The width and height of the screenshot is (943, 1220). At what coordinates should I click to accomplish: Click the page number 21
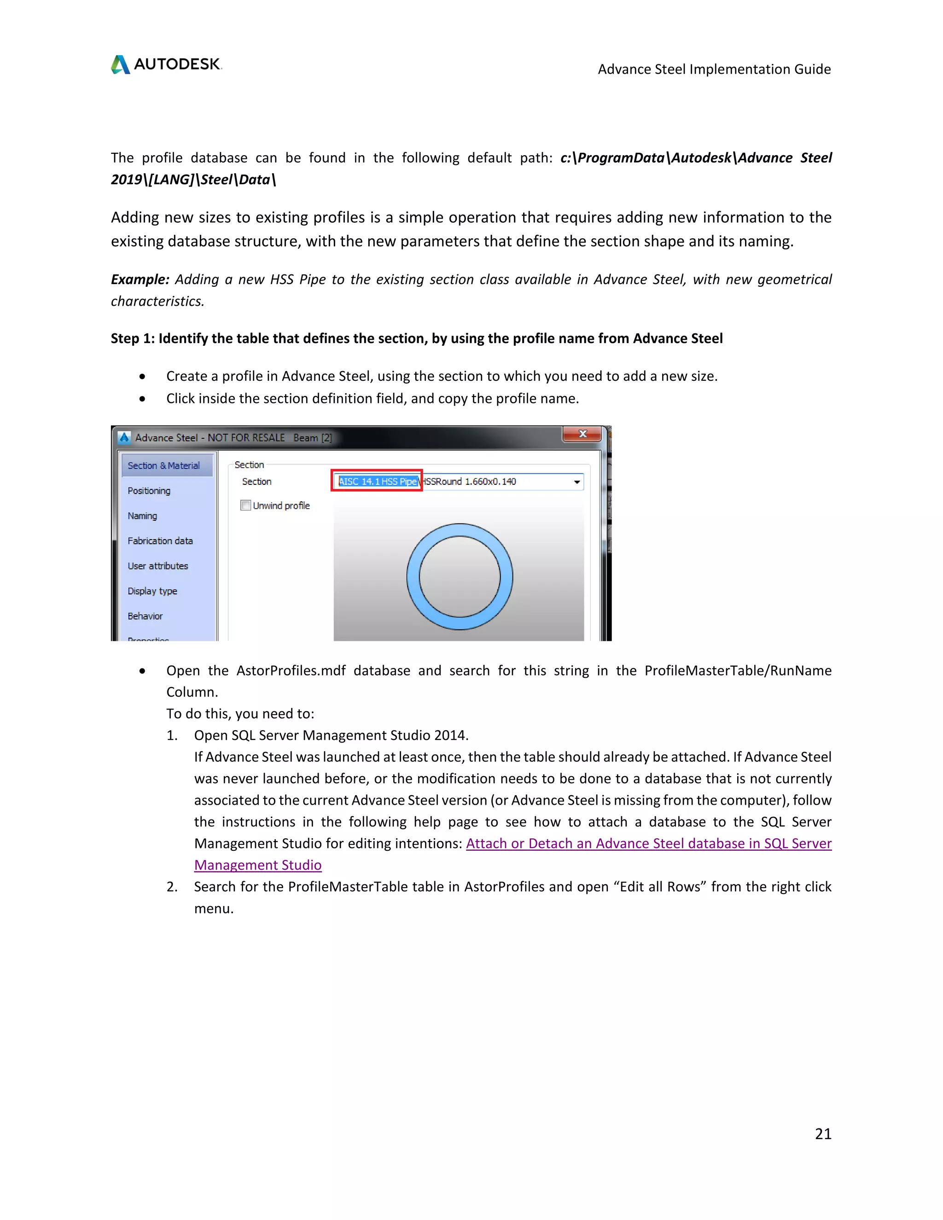[x=822, y=1133]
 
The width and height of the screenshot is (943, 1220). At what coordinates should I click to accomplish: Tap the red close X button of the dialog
[x=582, y=434]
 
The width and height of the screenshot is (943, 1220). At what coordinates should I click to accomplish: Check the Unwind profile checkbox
[x=246, y=505]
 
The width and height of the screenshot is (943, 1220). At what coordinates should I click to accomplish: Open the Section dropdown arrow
[x=576, y=482]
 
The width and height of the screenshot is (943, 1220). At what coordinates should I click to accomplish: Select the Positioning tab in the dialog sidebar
[x=149, y=490]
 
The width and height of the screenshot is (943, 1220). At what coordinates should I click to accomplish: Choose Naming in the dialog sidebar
[x=142, y=516]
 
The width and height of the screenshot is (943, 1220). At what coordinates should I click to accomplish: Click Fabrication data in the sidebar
[x=160, y=541]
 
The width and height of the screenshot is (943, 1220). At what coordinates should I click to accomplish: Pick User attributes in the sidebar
[x=157, y=566]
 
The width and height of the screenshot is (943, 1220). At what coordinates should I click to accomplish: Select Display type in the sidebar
[x=152, y=591]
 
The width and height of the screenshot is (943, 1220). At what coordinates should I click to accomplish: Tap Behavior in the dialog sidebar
[x=145, y=616]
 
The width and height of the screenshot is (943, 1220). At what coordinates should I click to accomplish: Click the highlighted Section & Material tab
[x=163, y=465]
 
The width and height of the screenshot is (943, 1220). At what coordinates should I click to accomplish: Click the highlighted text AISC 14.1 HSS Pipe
[x=378, y=482]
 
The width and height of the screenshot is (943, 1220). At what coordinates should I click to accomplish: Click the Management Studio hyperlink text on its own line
[x=257, y=865]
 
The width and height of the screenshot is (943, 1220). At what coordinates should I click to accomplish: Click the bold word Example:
[x=140, y=279]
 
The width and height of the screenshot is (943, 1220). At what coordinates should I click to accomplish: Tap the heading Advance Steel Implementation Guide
[x=714, y=69]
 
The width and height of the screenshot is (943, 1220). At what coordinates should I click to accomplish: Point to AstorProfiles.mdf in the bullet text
[x=291, y=670]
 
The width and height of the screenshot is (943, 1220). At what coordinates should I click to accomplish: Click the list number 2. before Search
[x=172, y=887]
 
